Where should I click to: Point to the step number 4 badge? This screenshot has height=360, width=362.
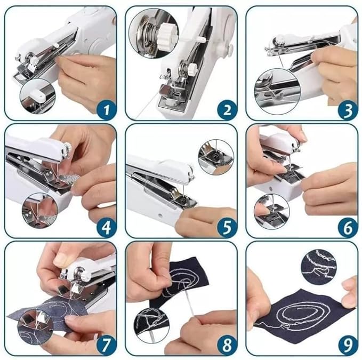pyautogui.click(x=106, y=228)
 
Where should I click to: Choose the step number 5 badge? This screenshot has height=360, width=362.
pyautogui.click(x=227, y=228)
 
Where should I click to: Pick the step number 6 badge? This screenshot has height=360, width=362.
pyautogui.click(x=347, y=228)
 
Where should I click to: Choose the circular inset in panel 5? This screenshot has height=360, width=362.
pyautogui.click(x=215, y=156)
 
